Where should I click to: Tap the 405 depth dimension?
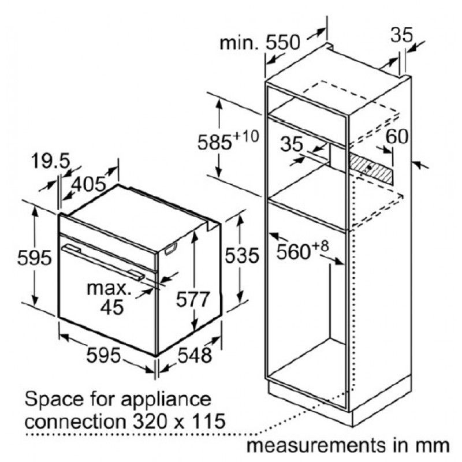tap(89, 185)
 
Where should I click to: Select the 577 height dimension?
tap(193, 299)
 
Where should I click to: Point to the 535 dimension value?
tap(242, 255)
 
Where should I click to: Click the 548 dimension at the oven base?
tap(195, 355)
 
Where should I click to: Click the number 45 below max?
tap(111, 307)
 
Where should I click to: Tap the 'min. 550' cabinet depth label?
tap(259, 43)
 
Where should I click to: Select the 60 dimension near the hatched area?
tap(397, 136)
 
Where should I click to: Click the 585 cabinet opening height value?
tap(214, 143)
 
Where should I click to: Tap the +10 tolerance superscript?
tap(245, 136)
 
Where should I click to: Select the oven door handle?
tap(103, 262)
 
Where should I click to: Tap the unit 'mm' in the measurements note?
tap(436, 445)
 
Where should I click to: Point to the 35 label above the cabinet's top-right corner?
tap(402, 35)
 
